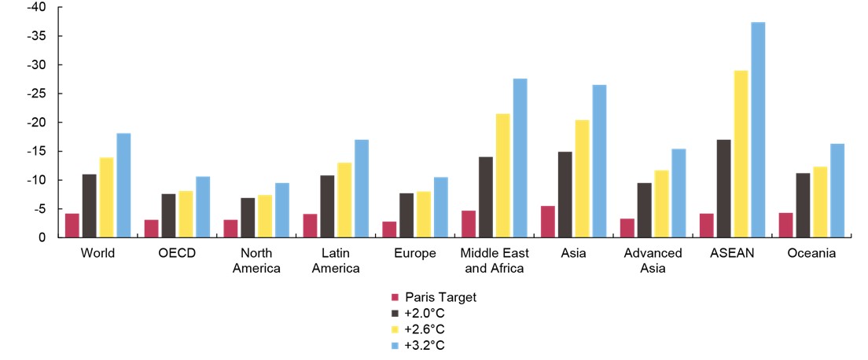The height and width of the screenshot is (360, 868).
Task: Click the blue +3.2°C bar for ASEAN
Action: pyautogui.click(x=758, y=130)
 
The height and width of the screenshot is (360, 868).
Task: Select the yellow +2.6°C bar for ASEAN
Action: pyautogui.click(x=741, y=154)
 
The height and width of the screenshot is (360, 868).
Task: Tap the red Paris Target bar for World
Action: pyautogui.click(x=72, y=225)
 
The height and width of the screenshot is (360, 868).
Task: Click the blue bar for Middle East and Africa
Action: pyautogui.click(x=520, y=158)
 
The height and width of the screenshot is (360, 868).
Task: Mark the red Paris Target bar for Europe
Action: pyautogui.click(x=389, y=229)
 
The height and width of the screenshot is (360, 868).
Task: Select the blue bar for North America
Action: pyautogui.click(x=282, y=210)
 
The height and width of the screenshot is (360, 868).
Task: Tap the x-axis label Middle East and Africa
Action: pyautogui.click(x=495, y=260)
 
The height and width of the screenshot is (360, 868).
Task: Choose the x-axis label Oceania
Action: pyautogui.click(x=813, y=253)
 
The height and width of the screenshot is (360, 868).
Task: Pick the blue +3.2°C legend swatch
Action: pyautogui.click(x=395, y=345)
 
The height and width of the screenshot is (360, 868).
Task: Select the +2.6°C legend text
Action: pyautogui.click(x=430, y=329)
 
